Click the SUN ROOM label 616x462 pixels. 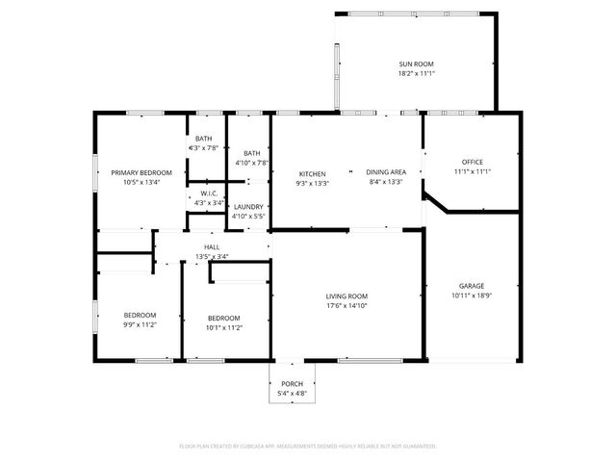coord(417,64)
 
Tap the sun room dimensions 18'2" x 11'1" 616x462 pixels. coord(417,74)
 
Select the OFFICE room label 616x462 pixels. coord(472,162)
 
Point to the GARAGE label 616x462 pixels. coord(471,285)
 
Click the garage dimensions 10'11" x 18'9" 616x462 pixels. coord(471,295)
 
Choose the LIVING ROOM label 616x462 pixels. coord(346,295)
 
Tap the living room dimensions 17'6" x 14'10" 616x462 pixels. coord(346,306)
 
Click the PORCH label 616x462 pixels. coord(292,383)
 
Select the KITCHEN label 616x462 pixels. coord(312,173)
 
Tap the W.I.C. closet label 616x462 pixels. coord(209,193)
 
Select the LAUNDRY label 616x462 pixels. coord(249,206)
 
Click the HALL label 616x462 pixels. coord(212,246)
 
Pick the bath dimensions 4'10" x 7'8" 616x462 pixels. coord(250,164)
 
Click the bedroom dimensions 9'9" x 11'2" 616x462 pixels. coord(140,326)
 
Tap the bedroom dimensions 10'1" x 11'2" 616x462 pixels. coord(224,327)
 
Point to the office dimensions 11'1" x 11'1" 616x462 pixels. coord(472,172)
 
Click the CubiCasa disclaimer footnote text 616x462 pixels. coord(308,446)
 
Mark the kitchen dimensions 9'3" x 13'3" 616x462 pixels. coord(312,183)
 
